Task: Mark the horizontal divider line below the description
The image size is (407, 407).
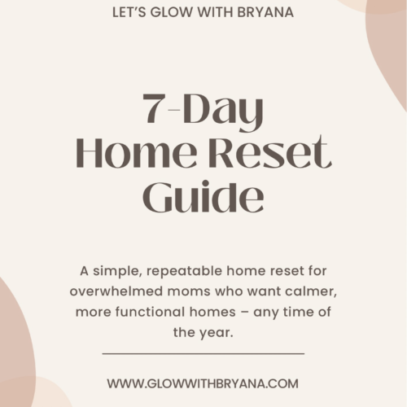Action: [203, 353]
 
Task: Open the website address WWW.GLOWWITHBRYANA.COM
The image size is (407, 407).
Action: [203, 383]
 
